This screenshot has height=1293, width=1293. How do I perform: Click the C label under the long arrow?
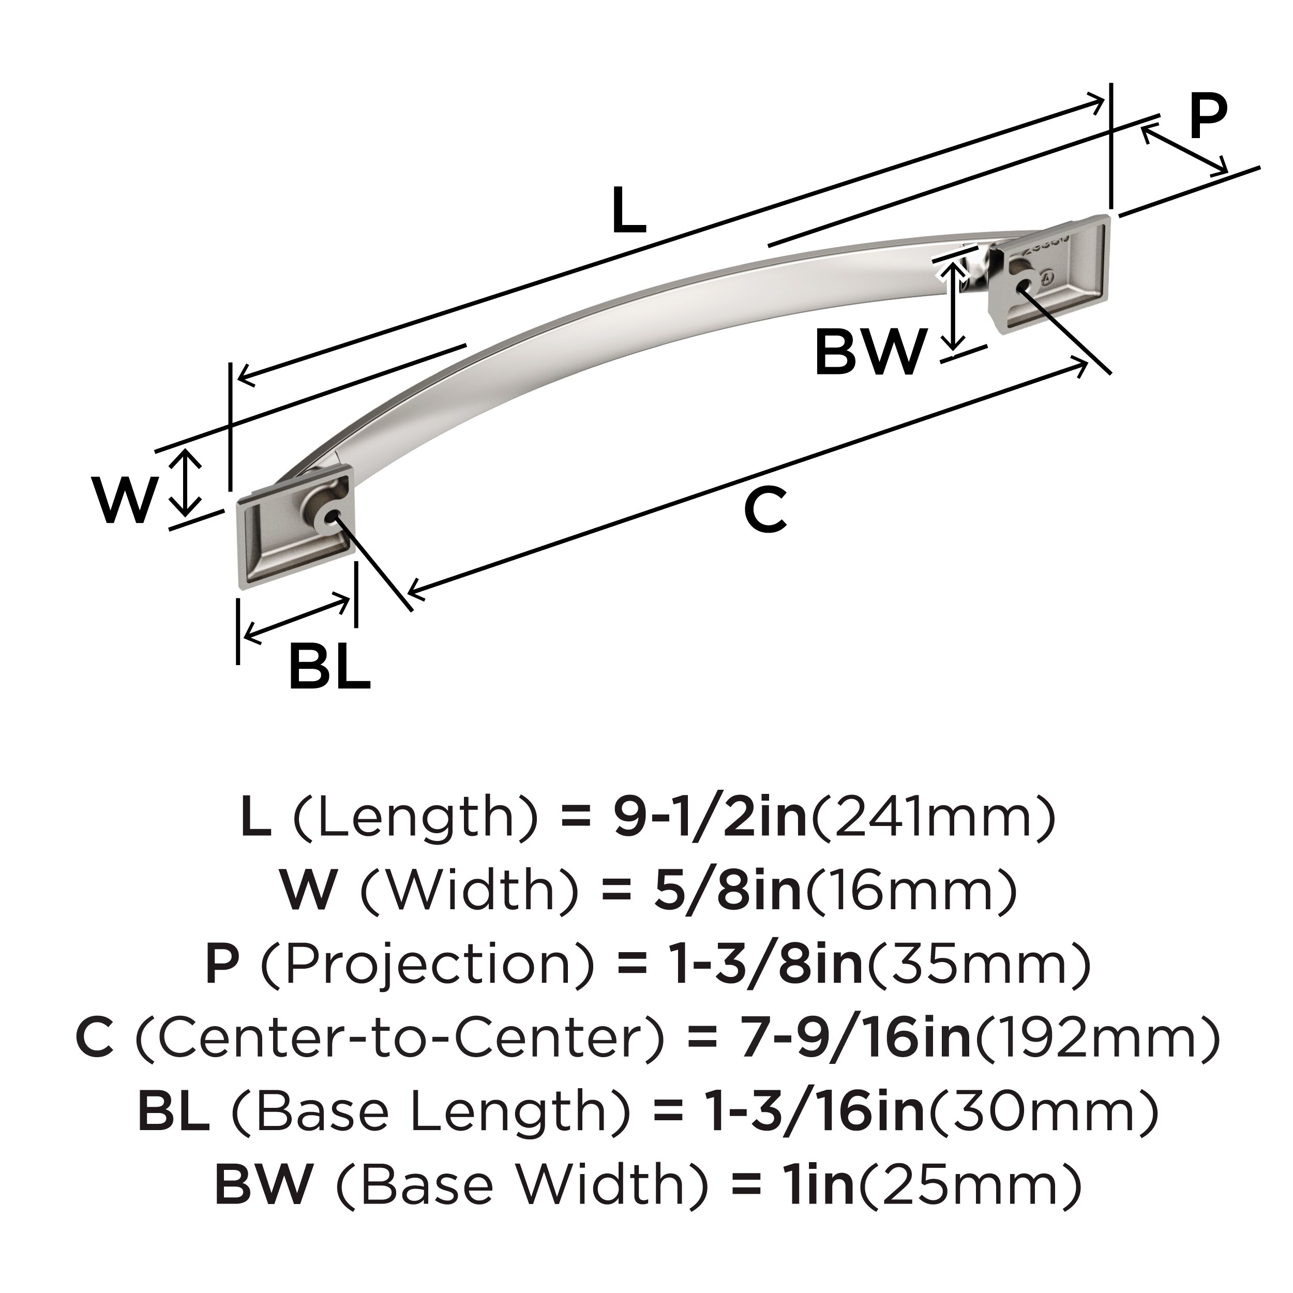tap(765, 510)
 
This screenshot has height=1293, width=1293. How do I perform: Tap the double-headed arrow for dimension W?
tap(185, 483)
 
